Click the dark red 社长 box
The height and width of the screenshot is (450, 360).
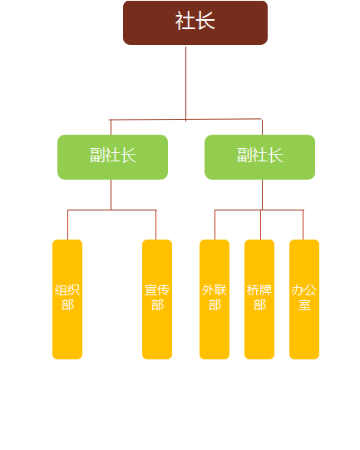tap(195, 22)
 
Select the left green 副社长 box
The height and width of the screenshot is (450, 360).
tap(112, 157)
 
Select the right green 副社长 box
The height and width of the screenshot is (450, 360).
tap(259, 157)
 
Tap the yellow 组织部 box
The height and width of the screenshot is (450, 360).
tap(67, 299)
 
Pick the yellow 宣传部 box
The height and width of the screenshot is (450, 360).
tap(157, 299)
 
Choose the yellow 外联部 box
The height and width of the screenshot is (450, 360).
tap(215, 299)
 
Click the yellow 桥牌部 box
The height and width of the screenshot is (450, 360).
tap(259, 299)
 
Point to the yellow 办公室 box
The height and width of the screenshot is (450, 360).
tap(304, 299)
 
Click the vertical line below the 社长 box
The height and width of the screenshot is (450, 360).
tap(186, 84)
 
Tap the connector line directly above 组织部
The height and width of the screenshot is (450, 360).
tap(67, 225)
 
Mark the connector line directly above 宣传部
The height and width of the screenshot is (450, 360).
tap(156, 225)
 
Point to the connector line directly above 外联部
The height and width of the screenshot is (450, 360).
tap(215, 225)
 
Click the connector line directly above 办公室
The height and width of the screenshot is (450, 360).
tap(303, 225)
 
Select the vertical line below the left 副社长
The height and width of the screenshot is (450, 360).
tap(111, 195)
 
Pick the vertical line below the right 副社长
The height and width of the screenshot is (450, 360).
tap(262, 195)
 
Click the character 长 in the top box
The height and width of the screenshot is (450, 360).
tap(205, 21)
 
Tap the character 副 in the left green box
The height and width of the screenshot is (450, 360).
tap(97, 155)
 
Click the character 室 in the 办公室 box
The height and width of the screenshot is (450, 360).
tap(304, 304)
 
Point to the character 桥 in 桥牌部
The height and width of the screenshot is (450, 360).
tap(253, 289)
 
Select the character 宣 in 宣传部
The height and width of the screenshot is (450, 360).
tap(150, 289)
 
